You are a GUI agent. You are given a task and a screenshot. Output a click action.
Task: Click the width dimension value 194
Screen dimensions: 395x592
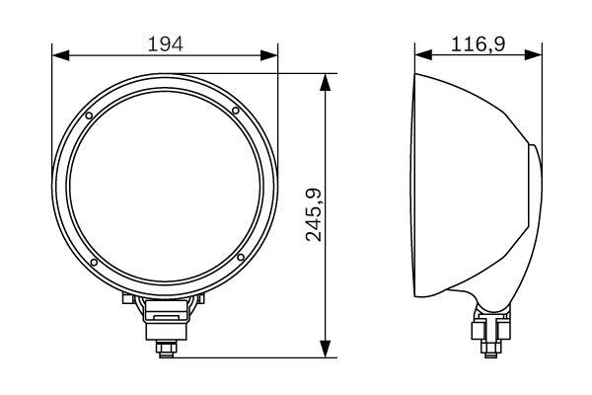click(x=165, y=43)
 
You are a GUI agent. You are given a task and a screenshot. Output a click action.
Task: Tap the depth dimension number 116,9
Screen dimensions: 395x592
click(x=478, y=43)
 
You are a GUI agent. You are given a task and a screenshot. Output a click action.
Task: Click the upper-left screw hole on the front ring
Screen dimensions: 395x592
click(x=90, y=117)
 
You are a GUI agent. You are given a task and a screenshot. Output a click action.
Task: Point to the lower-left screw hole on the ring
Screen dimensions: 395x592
click(x=92, y=263)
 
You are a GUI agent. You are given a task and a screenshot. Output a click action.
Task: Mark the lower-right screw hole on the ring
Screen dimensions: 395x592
click(x=240, y=259)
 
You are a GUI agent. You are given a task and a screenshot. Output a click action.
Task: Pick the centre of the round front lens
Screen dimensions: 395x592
click(x=165, y=187)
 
